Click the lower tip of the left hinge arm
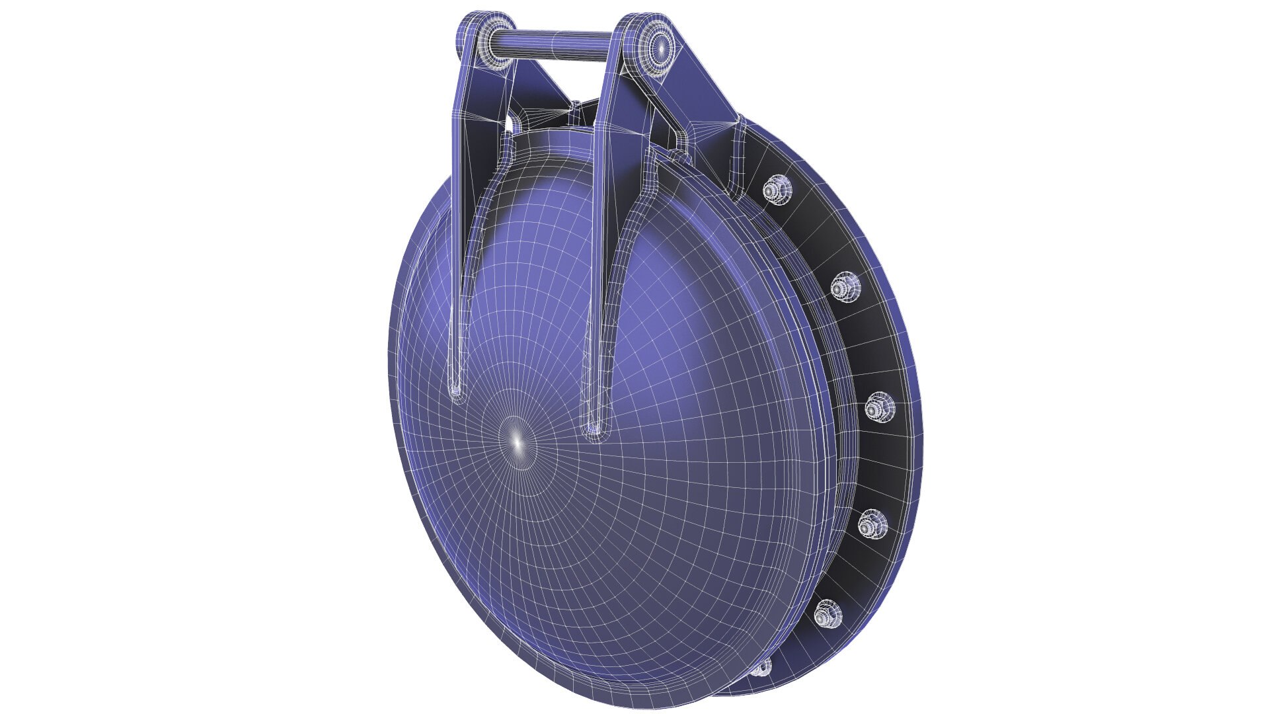tap(456, 391)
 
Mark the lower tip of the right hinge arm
tap(596, 431)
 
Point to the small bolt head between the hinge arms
tap(575, 106)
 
